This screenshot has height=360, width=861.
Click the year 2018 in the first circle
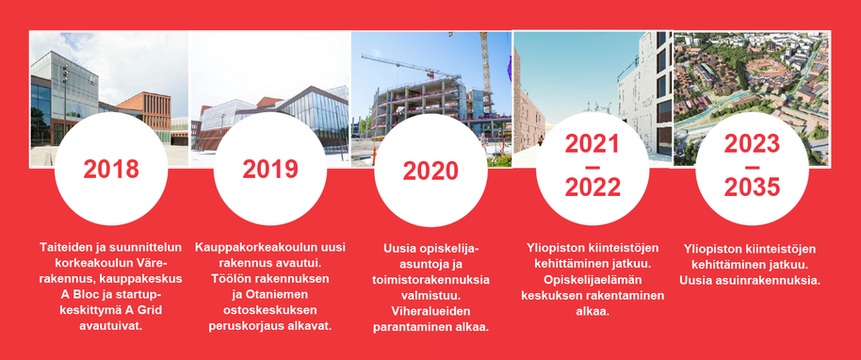point(111,169)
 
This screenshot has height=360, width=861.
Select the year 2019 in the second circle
point(270,169)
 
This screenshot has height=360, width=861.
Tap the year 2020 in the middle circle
point(430,171)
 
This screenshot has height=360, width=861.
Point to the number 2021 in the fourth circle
point(592,144)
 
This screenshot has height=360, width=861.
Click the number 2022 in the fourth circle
point(593,188)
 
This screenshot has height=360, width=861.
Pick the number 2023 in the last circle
point(752,144)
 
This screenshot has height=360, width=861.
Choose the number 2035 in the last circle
point(752,188)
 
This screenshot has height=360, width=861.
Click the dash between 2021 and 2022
point(593,167)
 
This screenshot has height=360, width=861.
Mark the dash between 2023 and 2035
point(752,167)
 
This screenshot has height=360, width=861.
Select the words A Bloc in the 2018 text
point(78,295)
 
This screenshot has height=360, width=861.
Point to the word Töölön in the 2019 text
point(229,279)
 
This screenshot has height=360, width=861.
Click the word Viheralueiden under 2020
point(430,311)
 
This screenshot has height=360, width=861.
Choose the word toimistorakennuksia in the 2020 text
point(430,280)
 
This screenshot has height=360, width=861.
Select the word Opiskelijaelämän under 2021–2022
point(592,279)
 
